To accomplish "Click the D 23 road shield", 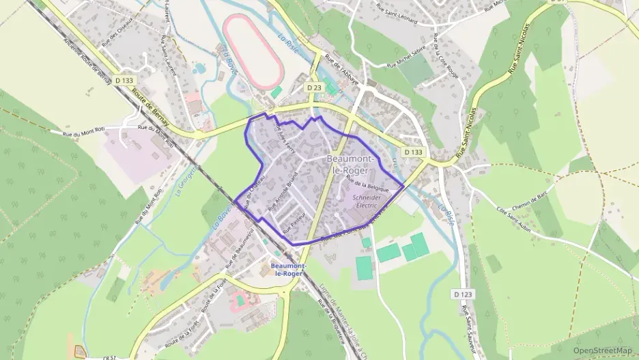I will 314,87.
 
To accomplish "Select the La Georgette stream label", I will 183,179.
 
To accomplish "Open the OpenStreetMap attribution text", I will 602,350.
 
